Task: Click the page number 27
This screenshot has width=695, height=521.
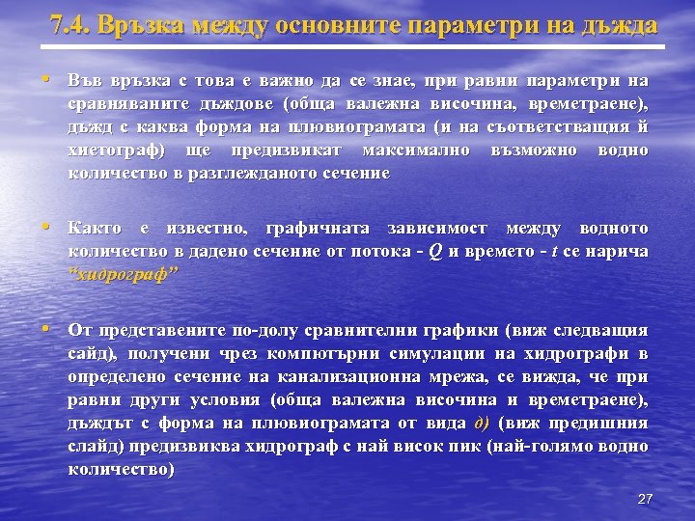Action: [646, 499]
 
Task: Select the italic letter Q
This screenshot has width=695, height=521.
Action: [436, 251]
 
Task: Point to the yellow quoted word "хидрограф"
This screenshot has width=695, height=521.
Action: [125, 273]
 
